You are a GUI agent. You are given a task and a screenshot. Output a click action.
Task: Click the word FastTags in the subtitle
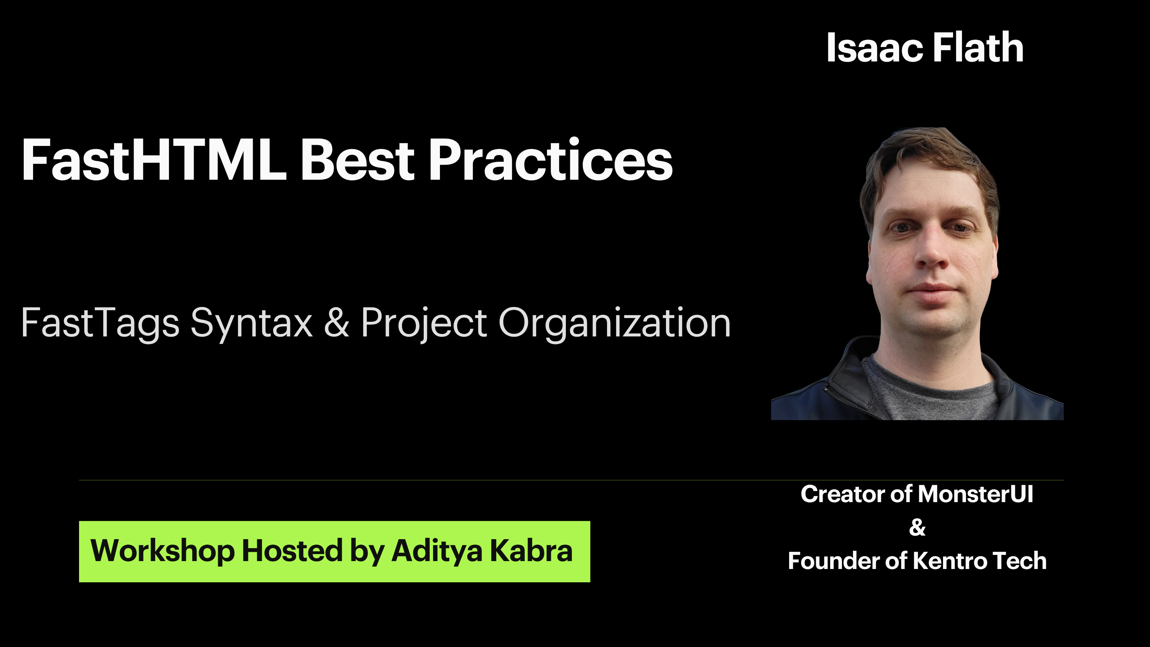pyautogui.click(x=100, y=322)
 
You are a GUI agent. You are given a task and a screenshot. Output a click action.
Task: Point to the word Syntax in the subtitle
pyautogui.click(x=251, y=323)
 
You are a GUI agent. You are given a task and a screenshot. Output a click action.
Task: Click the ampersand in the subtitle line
pyautogui.click(x=336, y=322)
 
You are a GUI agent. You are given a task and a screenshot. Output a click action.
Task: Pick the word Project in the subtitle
pyautogui.click(x=424, y=323)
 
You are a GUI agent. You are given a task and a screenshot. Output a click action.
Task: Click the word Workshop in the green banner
pyautogui.click(x=162, y=551)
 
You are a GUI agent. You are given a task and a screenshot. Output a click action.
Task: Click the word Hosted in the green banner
pyautogui.click(x=292, y=551)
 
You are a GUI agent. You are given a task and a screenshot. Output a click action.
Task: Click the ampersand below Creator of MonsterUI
pyautogui.click(x=917, y=527)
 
